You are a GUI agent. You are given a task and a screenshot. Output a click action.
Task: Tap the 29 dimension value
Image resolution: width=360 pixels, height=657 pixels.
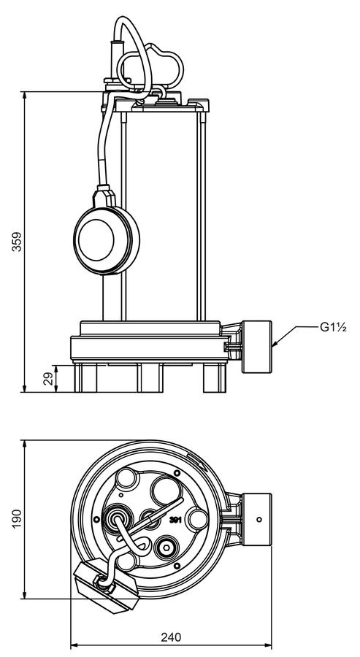pos(49,379)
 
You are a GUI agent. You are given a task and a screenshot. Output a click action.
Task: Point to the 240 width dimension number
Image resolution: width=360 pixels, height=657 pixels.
pos(172,637)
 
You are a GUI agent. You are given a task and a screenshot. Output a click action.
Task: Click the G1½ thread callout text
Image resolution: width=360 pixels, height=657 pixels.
pos(334,327)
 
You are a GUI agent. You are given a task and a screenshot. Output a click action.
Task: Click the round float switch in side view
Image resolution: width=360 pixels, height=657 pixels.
pos(107,239)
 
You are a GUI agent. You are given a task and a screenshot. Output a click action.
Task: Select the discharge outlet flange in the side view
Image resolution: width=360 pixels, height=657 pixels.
pos(256,347)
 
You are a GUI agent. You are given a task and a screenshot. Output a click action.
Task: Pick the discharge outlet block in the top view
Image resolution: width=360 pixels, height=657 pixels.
pos(256,520)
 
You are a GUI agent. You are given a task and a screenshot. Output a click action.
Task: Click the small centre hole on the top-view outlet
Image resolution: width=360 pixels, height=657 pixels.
pos(259,520)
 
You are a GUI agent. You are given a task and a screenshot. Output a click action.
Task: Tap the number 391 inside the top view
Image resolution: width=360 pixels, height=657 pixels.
pos(175,520)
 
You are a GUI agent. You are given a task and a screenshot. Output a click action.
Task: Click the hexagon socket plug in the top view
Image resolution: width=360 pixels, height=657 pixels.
pos(166,547)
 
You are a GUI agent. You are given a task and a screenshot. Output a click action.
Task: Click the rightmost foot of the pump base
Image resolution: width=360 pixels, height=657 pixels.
pos(215,378)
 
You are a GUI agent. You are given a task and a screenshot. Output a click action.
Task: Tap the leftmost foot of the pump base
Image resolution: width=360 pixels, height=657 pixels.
pos(85,378)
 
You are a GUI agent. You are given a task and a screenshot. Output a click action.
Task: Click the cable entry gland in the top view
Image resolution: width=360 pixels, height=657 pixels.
pos(118,520)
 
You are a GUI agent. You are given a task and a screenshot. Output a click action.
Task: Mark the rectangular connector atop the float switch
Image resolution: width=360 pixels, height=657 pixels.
pos(104,196)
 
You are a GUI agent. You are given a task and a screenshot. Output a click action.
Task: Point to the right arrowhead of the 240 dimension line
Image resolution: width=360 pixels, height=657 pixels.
pos(267,645)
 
